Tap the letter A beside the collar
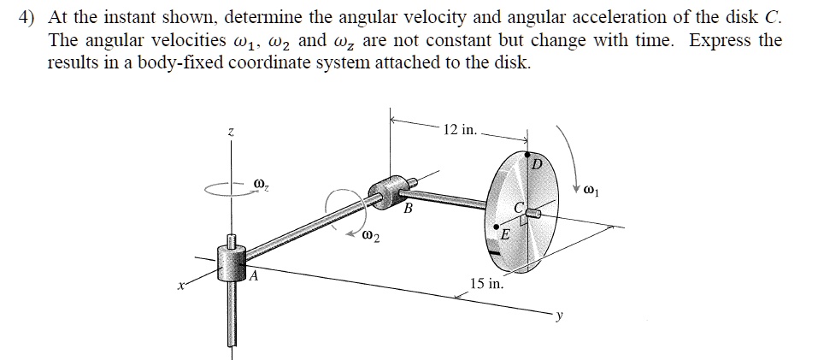click(254, 276)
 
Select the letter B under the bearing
click(408, 209)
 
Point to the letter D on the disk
click(536, 162)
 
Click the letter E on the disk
click(505, 234)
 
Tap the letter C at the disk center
click(518, 208)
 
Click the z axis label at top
click(229, 132)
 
